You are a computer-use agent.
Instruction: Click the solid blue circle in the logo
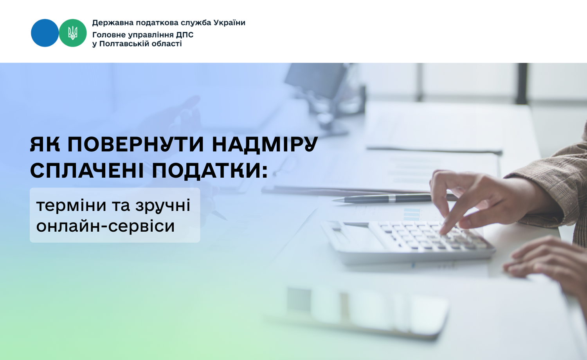click(x=45, y=33)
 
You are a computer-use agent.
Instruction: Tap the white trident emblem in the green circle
click(x=72, y=33)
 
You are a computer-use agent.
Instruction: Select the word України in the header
click(x=230, y=23)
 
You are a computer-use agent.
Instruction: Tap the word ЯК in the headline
click(x=45, y=144)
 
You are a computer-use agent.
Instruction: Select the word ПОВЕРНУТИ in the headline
click(x=136, y=144)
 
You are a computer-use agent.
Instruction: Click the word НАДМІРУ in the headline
click(x=265, y=144)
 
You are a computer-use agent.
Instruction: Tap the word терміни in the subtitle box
click(x=71, y=205)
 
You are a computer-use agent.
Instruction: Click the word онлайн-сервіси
click(x=105, y=226)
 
